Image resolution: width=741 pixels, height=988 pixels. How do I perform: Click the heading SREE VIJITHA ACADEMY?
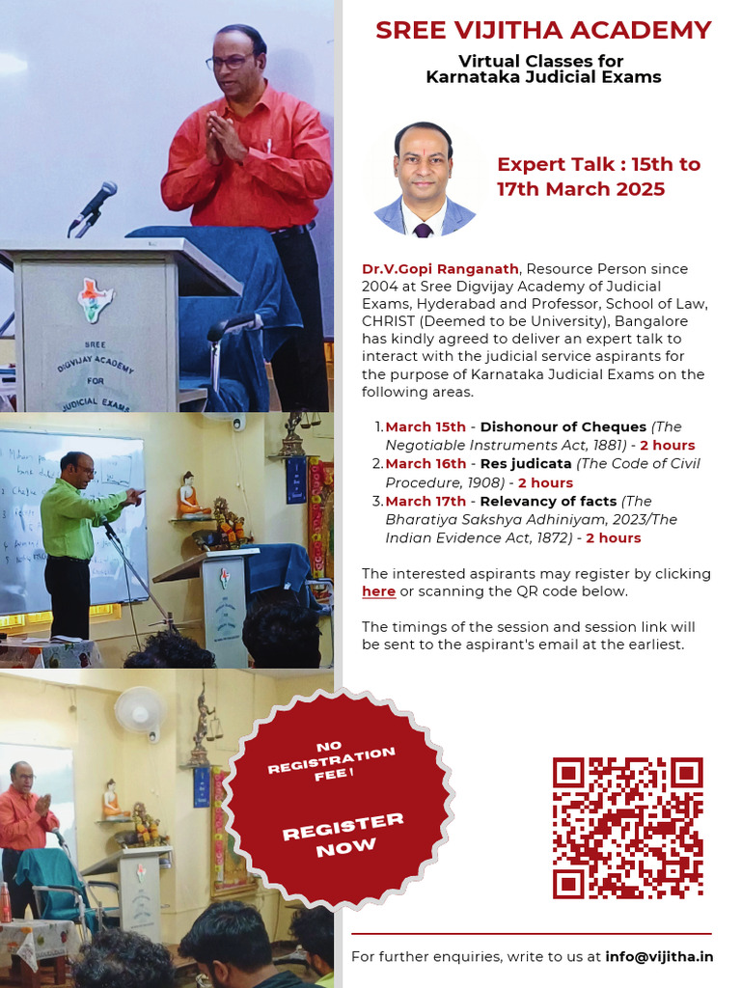point(543,31)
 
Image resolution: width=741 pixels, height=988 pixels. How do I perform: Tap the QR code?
point(627,828)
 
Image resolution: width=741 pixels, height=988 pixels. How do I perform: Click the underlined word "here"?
point(378,590)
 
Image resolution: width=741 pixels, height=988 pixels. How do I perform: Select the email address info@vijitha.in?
point(659,957)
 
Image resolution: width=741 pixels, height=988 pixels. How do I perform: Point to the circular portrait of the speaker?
point(425,180)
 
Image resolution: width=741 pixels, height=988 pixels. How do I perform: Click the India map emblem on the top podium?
point(95,298)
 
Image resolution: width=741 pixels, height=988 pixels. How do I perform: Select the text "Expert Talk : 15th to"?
point(598,164)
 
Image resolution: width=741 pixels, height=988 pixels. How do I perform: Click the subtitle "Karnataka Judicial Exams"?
point(543,77)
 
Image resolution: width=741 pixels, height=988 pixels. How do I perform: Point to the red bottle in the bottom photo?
point(6,902)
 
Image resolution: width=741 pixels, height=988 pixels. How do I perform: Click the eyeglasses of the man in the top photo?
point(229,62)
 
